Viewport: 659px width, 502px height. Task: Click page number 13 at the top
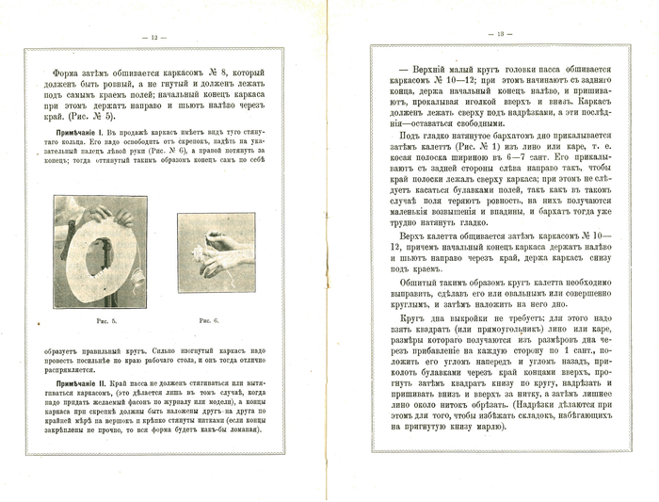click(x=502, y=35)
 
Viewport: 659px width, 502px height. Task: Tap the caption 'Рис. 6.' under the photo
click(x=209, y=321)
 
